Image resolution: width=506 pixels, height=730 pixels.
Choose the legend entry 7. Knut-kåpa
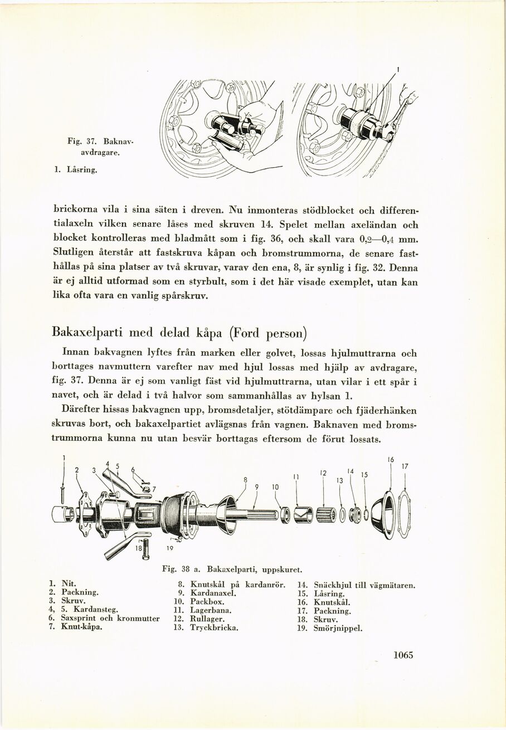78,626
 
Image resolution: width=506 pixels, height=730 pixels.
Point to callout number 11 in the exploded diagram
296,477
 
